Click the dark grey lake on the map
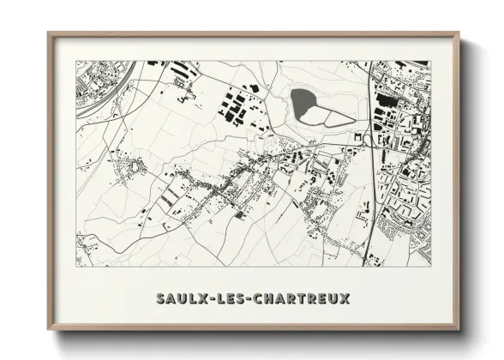click(x=303, y=104)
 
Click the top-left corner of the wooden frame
click(x=49, y=33)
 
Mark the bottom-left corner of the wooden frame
click(x=49, y=330)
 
